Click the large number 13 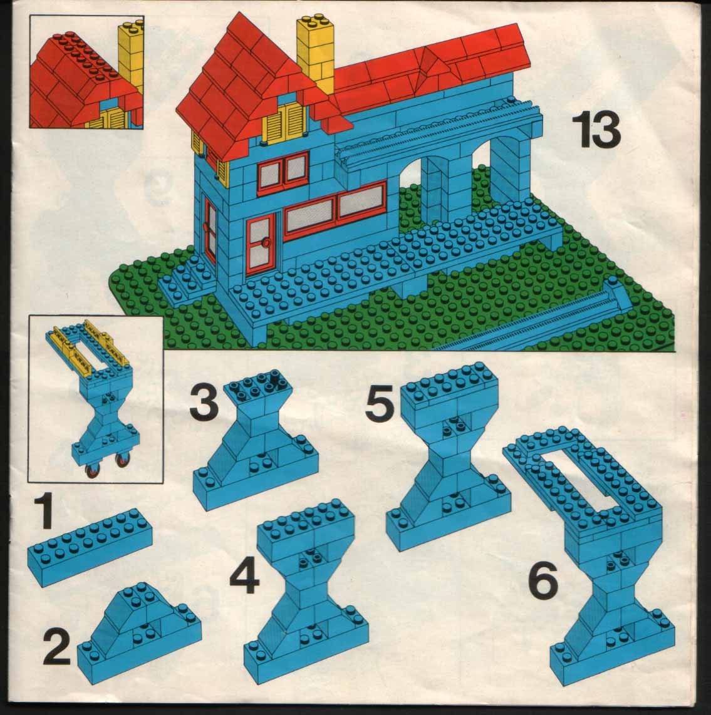pos(596,130)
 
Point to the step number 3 pos(204,402)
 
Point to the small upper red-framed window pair pos(283,171)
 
